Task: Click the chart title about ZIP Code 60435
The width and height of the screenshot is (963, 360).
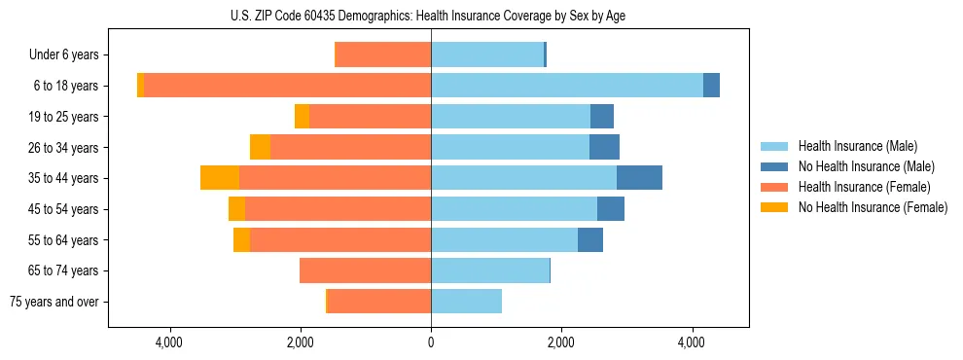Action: (428, 16)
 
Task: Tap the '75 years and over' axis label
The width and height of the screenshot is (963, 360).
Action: (54, 302)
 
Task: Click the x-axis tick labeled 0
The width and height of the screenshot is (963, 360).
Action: (431, 342)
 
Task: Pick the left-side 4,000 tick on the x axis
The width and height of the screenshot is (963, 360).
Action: (169, 342)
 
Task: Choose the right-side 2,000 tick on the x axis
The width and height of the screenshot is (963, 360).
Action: (561, 342)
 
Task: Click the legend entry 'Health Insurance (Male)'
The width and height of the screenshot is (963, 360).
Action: (857, 146)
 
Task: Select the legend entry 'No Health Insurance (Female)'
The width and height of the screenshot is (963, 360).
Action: (873, 207)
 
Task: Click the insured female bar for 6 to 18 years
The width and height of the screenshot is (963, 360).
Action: (287, 86)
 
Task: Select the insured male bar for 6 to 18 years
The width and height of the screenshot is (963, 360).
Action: (566, 86)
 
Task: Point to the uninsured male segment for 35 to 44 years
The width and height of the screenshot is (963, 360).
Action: (639, 178)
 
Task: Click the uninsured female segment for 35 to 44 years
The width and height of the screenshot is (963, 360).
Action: (220, 178)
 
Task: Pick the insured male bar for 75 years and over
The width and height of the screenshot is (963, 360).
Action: (466, 302)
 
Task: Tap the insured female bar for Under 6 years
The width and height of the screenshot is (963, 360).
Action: (382, 55)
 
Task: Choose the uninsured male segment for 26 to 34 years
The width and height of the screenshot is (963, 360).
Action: (604, 147)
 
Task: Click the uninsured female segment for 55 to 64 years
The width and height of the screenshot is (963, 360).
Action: (241, 239)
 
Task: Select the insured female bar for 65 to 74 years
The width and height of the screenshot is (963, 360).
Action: (365, 270)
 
